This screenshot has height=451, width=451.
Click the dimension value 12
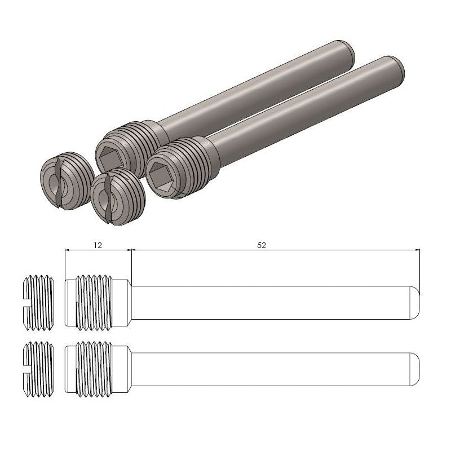point(98,245)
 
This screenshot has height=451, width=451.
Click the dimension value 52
point(262,245)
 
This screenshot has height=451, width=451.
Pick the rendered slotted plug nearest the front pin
point(117,196)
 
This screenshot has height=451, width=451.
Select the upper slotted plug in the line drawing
point(39,302)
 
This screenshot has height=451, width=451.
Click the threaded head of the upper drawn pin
point(96,302)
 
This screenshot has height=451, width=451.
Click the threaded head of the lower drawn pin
point(96,369)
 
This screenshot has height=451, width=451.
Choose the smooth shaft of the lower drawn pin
point(271,369)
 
